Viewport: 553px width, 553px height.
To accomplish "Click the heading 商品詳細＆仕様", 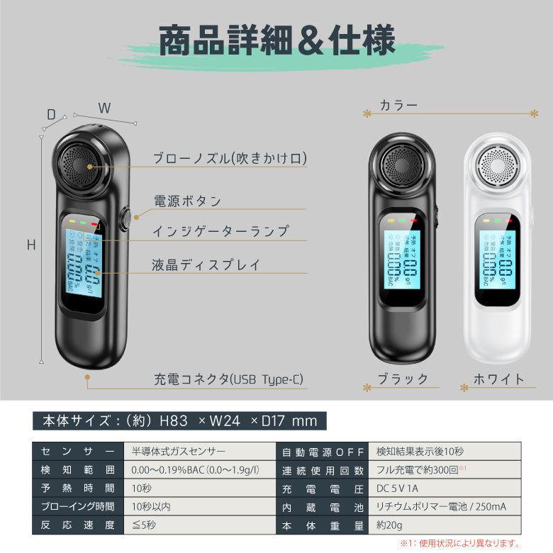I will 276,41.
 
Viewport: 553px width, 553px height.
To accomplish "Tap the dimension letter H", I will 31,245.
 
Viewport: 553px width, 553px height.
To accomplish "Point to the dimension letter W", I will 104,108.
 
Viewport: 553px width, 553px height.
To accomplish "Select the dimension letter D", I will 51,114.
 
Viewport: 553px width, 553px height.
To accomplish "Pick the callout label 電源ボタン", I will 187,201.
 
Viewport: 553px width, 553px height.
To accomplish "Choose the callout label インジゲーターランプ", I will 220,232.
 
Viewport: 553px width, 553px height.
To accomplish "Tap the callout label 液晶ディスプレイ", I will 206,265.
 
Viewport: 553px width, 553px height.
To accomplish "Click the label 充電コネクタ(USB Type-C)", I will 228,380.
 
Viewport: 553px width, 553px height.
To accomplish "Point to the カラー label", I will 398,105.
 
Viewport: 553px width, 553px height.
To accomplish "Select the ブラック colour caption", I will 402,379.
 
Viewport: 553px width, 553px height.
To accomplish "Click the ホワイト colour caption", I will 498,379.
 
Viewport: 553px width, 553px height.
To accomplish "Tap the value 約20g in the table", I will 388,526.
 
